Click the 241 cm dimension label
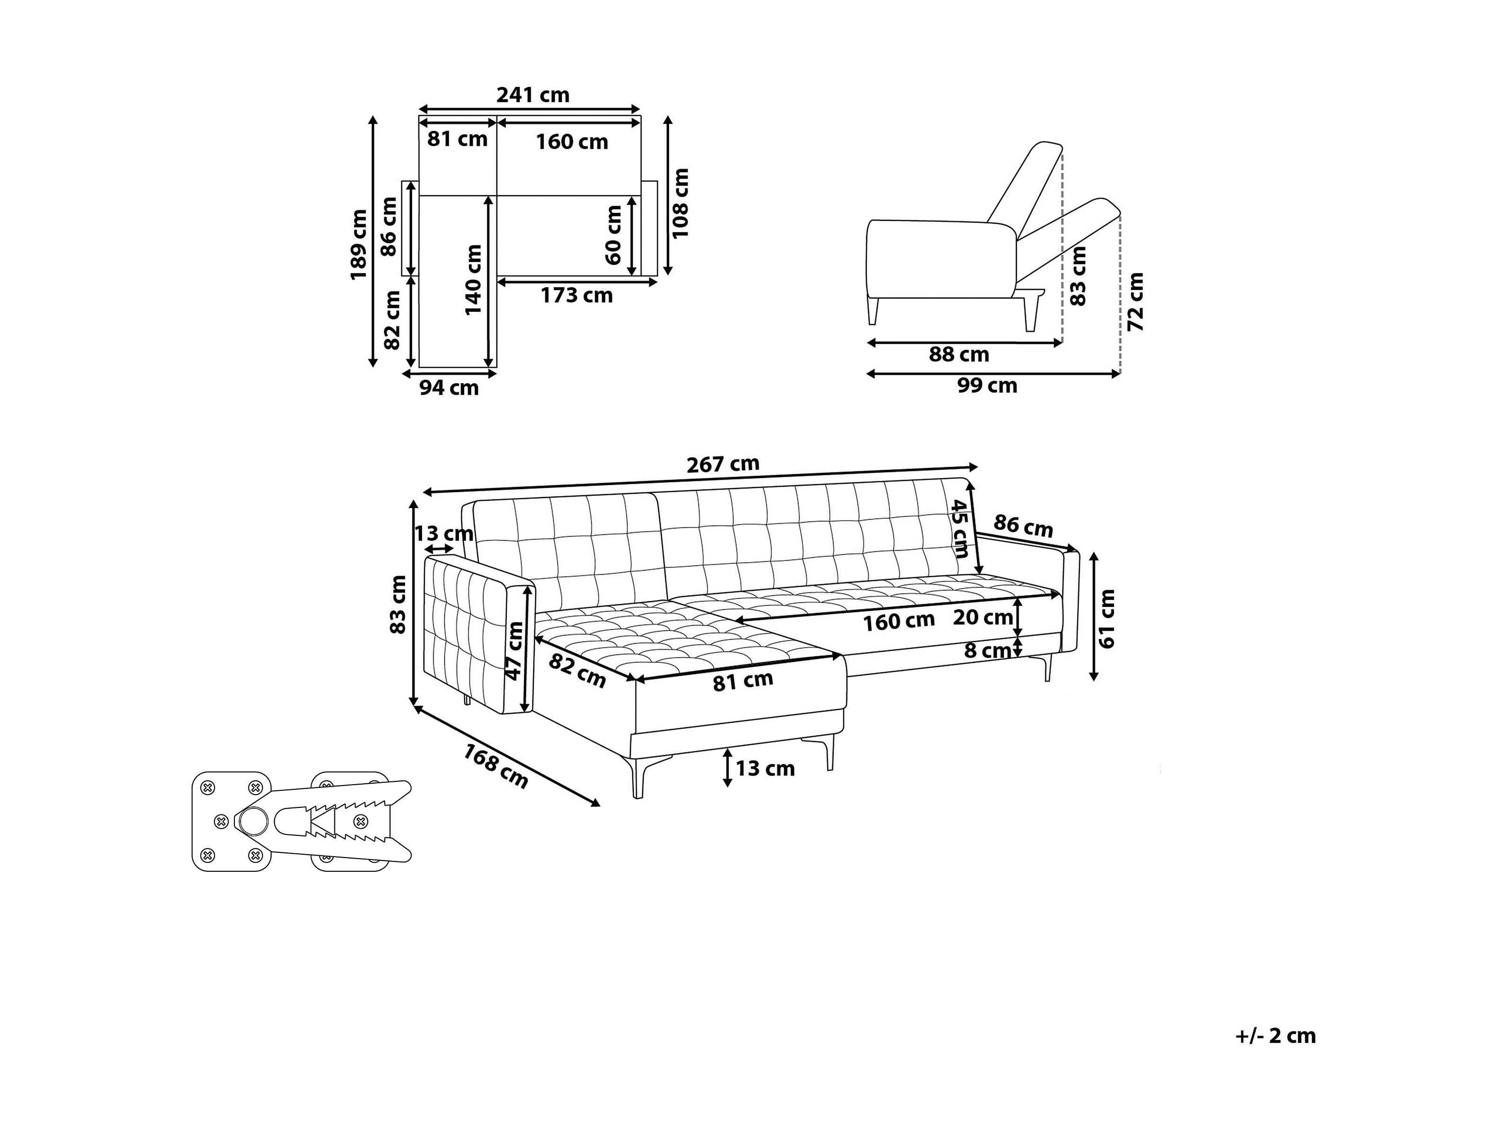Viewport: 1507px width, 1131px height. pos(533,95)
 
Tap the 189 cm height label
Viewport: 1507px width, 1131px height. pos(359,245)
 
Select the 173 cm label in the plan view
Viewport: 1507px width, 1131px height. pos(577,295)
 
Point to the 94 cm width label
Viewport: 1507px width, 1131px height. pos(449,388)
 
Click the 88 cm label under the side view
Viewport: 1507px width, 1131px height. pos(959,354)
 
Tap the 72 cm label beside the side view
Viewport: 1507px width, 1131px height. pos(1136,302)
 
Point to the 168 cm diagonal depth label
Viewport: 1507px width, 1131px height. pos(496,766)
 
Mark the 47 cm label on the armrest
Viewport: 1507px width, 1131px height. pos(515,651)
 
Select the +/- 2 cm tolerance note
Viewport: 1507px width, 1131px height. pos(1275,1036)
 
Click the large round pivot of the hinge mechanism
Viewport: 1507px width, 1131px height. pos(253,822)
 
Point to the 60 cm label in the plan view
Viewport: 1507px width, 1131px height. pos(614,235)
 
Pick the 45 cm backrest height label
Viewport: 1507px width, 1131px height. pos(960,528)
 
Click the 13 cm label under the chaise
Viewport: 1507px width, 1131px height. pos(765,769)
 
